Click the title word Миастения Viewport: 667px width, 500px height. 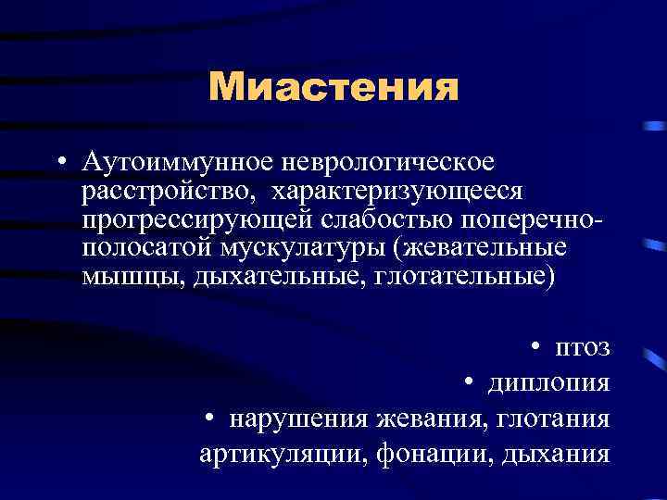coord(333,88)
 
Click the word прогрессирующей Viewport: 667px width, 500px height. coord(198,220)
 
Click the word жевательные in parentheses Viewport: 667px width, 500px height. coord(488,249)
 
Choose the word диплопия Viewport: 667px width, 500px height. coord(549,382)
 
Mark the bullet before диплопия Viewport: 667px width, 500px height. coord(470,382)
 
